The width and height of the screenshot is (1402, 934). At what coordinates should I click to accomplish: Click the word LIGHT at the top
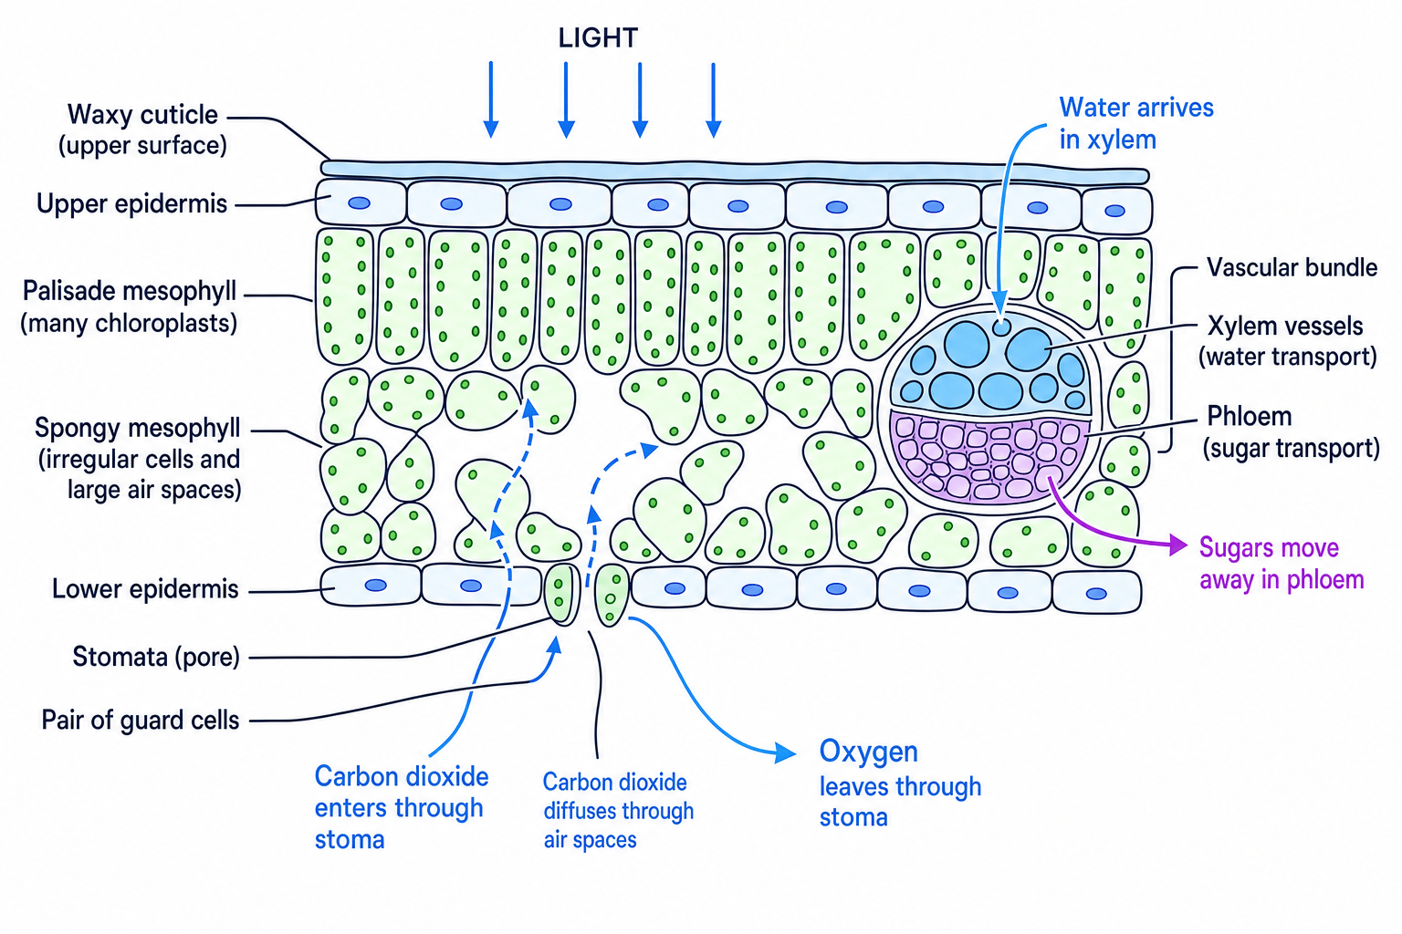point(598,38)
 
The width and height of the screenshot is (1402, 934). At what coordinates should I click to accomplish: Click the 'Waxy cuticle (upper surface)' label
point(142,130)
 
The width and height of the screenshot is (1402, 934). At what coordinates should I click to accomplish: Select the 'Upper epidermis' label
point(131,204)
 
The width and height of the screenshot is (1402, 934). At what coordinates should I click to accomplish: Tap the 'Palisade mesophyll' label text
point(129,307)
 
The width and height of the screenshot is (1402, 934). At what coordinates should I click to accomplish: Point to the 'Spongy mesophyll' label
point(138,459)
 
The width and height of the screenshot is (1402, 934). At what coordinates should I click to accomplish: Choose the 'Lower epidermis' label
point(145,589)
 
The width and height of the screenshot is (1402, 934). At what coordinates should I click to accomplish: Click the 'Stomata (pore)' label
point(156,658)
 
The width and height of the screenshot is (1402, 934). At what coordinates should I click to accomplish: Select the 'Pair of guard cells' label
point(141,720)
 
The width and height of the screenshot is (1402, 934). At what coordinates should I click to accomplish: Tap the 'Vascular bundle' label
point(1292,268)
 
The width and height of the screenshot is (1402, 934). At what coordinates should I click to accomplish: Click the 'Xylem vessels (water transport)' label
point(1288,341)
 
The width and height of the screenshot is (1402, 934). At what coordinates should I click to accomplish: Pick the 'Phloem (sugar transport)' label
point(1292,432)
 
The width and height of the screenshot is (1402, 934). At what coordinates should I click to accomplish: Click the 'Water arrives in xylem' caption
point(1136,124)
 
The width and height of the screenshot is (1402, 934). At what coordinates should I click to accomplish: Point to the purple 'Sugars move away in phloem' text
point(1282,564)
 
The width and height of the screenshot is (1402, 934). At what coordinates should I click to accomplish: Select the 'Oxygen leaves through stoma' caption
point(900,784)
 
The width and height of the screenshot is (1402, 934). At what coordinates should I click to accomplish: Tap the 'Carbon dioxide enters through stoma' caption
point(402,807)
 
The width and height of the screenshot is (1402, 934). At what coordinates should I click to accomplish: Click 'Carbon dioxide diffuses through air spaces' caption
point(618,811)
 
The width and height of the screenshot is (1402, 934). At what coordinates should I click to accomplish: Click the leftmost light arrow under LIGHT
point(491,99)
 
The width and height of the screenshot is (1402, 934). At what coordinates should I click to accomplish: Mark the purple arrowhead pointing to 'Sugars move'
point(1178,545)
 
